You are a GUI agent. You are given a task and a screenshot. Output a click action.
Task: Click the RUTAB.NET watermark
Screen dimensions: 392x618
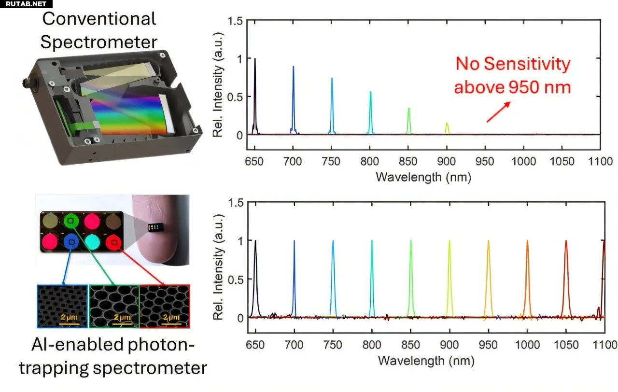pyautogui.click(x=24, y=4)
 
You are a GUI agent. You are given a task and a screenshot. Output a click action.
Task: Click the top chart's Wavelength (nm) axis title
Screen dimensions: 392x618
pyautogui.click(x=423, y=177)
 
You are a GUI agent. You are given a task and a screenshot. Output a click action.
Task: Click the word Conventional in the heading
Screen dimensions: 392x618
pyautogui.click(x=98, y=19)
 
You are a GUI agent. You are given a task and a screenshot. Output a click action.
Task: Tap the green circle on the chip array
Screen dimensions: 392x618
pyautogui.click(x=70, y=221)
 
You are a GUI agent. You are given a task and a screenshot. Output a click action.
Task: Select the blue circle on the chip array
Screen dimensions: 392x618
pyautogui.click(x=71, y=241)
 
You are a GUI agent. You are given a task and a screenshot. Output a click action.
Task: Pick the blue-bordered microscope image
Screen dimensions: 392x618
pyautogui.click(x=62, y=306)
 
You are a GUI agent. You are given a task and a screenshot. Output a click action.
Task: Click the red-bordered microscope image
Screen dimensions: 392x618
pyautogui.click(x=164, y=306)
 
